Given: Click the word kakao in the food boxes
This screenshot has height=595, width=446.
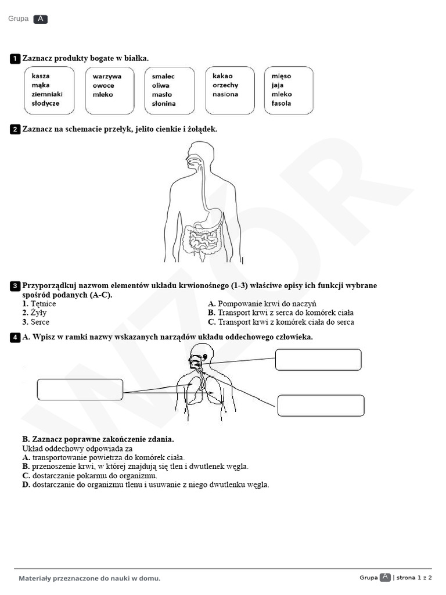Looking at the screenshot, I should coord(222,76).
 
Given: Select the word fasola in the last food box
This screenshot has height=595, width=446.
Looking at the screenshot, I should coord(281,103).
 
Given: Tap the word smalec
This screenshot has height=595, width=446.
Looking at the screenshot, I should coord(163,76).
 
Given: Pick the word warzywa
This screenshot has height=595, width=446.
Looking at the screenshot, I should coord(107,76).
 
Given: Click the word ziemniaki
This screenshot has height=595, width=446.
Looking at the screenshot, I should coord(47,94).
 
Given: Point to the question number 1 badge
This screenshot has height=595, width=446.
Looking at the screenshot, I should coord(15,59).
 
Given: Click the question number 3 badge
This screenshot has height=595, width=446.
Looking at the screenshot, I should coord(15,286).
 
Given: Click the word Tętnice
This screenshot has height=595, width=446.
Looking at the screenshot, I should coord(43,303).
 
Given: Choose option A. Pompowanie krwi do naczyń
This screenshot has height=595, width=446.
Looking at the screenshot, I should coord(262,303).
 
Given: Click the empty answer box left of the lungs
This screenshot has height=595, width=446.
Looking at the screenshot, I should coord(80,389).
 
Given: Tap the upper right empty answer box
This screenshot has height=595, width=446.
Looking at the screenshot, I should coord(318,360).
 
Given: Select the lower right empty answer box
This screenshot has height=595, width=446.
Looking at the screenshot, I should coord(321,406).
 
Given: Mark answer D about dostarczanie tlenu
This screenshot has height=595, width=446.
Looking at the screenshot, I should coord(146,485).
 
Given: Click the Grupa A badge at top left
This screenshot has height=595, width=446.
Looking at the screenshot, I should coord(40,19).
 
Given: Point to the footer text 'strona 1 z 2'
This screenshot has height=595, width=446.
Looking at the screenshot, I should coord(415,578).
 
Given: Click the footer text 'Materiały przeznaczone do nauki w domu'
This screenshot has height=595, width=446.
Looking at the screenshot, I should coord(89,578).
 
